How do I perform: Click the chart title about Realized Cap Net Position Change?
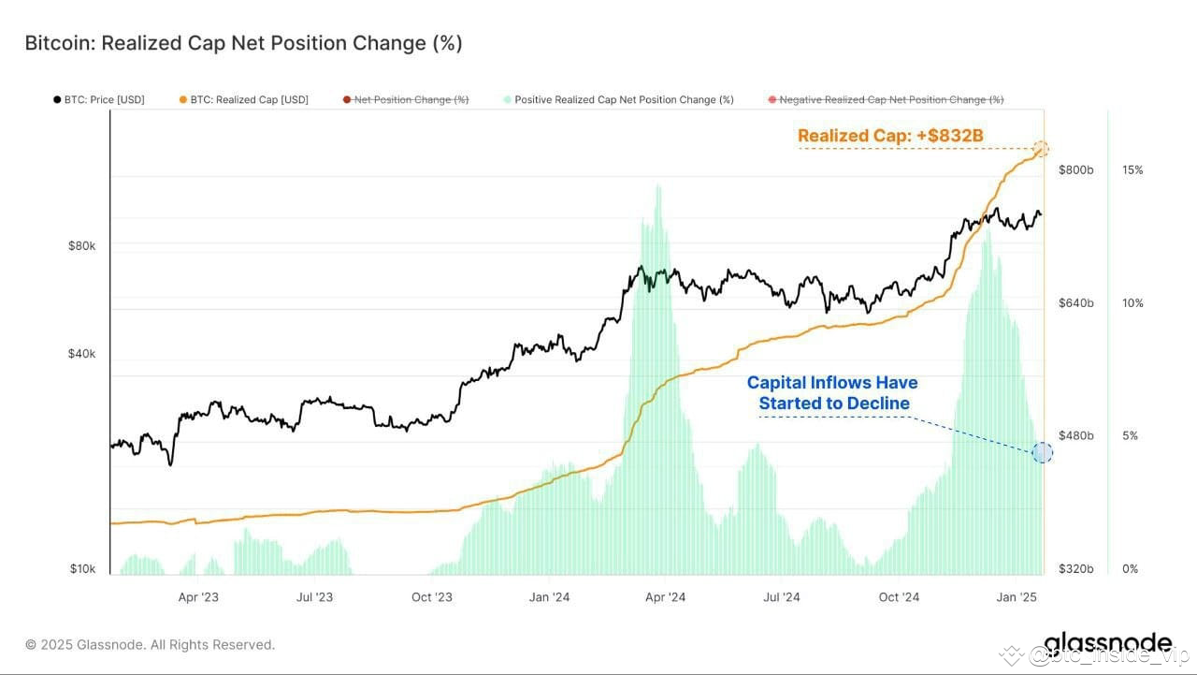pos(243,43)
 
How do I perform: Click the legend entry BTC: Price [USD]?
pos(99,99)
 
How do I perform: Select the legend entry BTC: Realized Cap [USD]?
pos(243,99)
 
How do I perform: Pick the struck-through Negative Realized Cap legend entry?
pos(885,99)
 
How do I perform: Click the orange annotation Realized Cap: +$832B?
pos(890,136)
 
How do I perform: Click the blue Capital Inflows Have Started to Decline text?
pos(831,393)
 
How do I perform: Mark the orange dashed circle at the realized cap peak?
pos(1041,149)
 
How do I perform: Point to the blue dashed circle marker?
pos(1042,453)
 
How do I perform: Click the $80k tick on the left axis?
pos(81,245)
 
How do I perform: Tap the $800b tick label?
pos(1074,170)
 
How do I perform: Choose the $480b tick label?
pos(1074,436)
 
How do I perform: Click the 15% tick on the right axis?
pos(1132,170)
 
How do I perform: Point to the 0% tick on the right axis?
pos(1130,569)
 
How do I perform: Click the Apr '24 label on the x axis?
pos(665,596)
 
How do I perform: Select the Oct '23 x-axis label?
pos(431,596)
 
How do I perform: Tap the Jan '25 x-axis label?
pos(1016,596)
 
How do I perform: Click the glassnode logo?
pos(1107,643)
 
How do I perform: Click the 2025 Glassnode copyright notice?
pos(150,644)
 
